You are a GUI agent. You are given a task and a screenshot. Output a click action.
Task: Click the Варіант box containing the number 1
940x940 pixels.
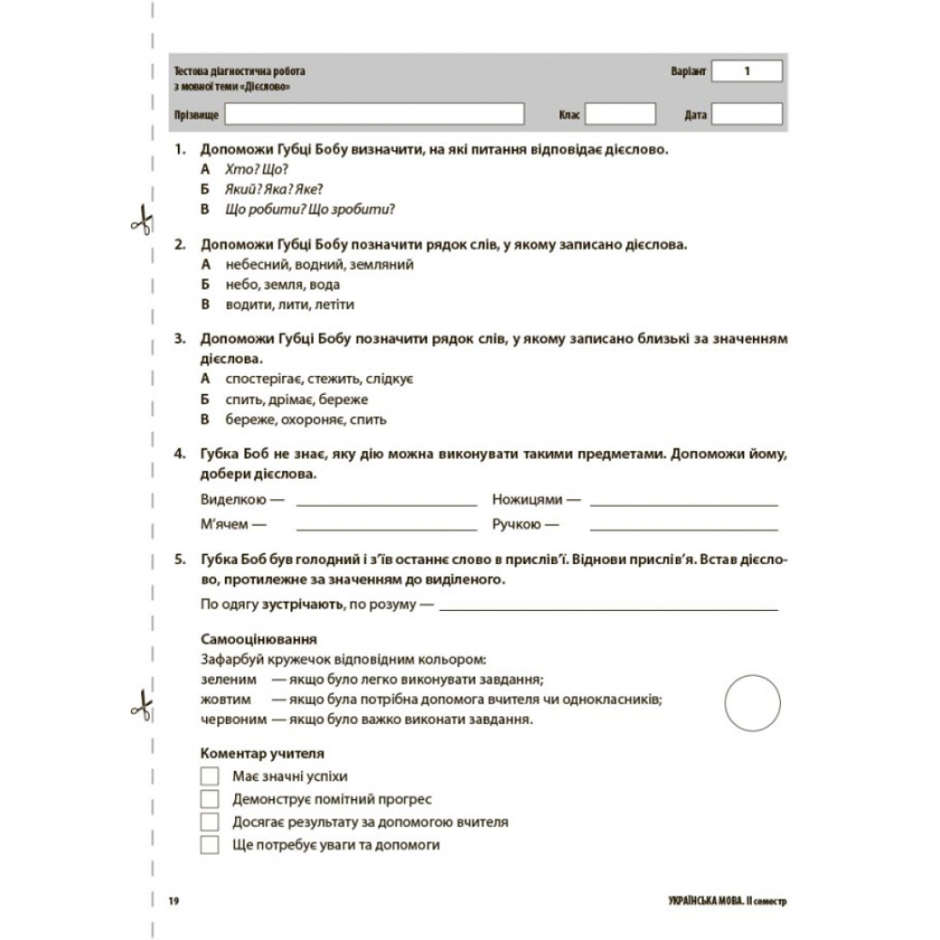(747, 71)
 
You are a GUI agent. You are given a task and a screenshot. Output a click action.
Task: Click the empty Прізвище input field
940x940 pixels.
(374, 114)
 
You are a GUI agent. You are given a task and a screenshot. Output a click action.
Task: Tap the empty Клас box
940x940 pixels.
(620, 114)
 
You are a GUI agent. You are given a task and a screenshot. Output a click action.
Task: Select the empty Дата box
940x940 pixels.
(747, 114)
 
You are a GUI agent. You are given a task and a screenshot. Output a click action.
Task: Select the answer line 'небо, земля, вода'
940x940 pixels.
(282, 284)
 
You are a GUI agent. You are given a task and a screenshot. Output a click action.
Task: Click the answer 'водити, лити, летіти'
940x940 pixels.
(289, 304)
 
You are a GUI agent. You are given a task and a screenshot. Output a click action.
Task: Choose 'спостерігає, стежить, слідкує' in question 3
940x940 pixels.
(319, 379)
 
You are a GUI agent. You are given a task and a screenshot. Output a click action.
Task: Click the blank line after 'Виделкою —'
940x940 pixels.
(386, 504)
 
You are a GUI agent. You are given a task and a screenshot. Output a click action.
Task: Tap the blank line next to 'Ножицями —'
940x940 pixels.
(684, 504)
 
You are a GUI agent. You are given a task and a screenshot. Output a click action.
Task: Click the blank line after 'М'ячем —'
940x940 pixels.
(386, 529)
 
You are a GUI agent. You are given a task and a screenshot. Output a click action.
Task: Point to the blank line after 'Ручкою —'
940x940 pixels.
(684, 529)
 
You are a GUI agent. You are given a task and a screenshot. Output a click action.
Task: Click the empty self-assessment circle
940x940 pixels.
(753, 703)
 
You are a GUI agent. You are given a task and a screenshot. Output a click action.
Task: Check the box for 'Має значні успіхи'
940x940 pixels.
(209, 776)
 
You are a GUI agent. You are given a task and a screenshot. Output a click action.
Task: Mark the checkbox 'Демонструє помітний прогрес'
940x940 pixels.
(209, 799)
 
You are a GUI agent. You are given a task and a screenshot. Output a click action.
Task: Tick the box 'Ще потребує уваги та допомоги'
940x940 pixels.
(209, 844)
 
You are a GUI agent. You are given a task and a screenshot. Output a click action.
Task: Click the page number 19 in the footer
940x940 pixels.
(174, 902)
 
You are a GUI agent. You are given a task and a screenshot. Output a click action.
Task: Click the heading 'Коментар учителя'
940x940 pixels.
(262, 754)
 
